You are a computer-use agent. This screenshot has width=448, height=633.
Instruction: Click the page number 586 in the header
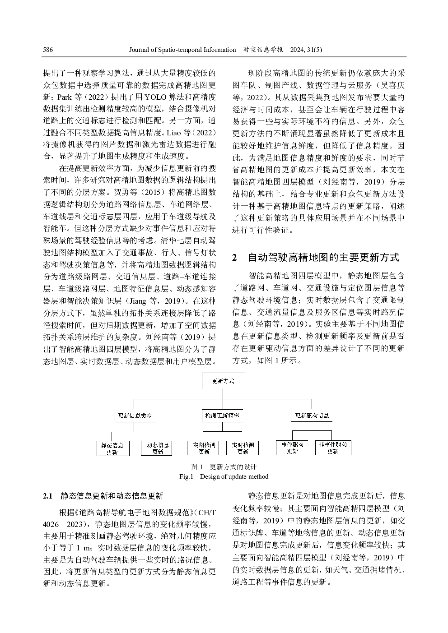pyautogui.click(x=48, y=50)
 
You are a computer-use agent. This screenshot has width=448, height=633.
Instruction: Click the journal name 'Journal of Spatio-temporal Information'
pyautogui.click(x=182, y=50)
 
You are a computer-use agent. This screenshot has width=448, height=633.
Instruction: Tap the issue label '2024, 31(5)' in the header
pyautogui.click(x=306, y=50)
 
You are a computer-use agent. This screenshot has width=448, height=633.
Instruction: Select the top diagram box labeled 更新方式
pyautogui.click(x=223, y=381)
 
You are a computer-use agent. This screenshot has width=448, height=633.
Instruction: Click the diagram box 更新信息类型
pyautogui.click(x=135, y=416)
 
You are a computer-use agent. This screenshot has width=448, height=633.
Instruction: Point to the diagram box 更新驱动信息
pyautogui.click(x=312, y=416)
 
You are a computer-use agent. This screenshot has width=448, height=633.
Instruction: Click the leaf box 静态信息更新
pyautogui.click(x=112, y=448)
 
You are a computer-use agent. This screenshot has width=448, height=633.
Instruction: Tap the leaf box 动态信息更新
pyautogui.click(x=157, y=448)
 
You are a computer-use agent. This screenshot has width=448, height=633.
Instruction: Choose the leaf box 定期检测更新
pyautogui.click(x=203, y=448)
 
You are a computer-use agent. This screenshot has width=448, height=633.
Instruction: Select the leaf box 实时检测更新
pyautogui.click(x=243, y=448)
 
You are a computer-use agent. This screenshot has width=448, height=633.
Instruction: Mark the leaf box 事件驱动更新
pyautogui.click(x=292, y=448)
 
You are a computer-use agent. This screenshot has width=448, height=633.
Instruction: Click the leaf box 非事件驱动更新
pyautogui.click(x=333, y=448)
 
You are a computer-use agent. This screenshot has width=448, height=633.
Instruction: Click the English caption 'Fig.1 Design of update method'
pyautogui.click(x=224, y=476)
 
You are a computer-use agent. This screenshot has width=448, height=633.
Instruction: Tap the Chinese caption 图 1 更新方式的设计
pyautogui.click(x=224, y=467)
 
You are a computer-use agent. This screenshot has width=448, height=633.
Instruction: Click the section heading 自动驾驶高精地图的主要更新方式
pyautogui.click(x=323, y=258)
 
